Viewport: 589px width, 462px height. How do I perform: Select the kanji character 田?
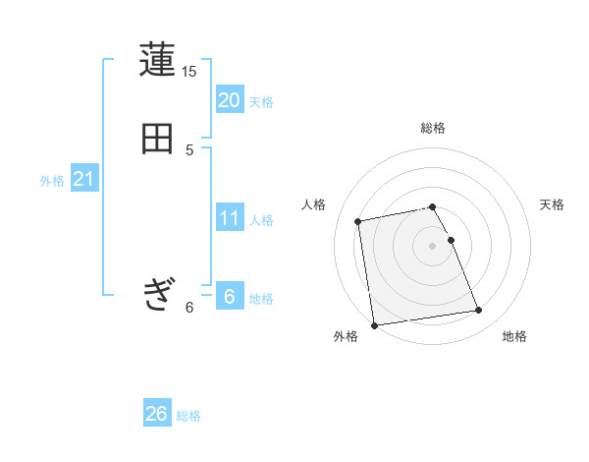(x=157, y=139)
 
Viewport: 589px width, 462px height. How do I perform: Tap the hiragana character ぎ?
(x=157, y=293)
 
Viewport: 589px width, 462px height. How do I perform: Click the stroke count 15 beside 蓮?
(x=189, y=72)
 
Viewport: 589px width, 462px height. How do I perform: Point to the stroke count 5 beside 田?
(x=189, y=150)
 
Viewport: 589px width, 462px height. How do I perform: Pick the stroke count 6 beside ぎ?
(x=189, y=308)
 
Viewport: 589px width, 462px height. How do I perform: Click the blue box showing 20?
(x=230, y=99)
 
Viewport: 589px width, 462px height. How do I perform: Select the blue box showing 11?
(x=230, y=217)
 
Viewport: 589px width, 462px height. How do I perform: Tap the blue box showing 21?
(x=83, y=179)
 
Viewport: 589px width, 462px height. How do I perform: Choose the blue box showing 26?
(x=157, y=414)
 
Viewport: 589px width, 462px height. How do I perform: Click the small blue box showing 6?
(x=230, y=296)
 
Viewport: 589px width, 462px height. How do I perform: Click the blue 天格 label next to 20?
(x=261, y=101)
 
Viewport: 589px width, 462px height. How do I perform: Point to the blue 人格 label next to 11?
(x=261, y=220)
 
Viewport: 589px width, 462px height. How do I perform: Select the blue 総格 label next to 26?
(x=188, y=417)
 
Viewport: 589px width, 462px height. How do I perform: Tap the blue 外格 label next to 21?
(x=52, y=181)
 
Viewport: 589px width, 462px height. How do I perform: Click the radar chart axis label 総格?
(x=433, y=128)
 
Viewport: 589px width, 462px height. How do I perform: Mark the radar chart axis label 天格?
(x=552, y=204)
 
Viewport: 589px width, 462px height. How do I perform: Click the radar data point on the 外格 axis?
(x=373, y=324)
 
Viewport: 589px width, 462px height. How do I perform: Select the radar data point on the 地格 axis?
(x=479, y=311)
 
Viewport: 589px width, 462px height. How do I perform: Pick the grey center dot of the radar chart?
(x=433, y=245)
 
